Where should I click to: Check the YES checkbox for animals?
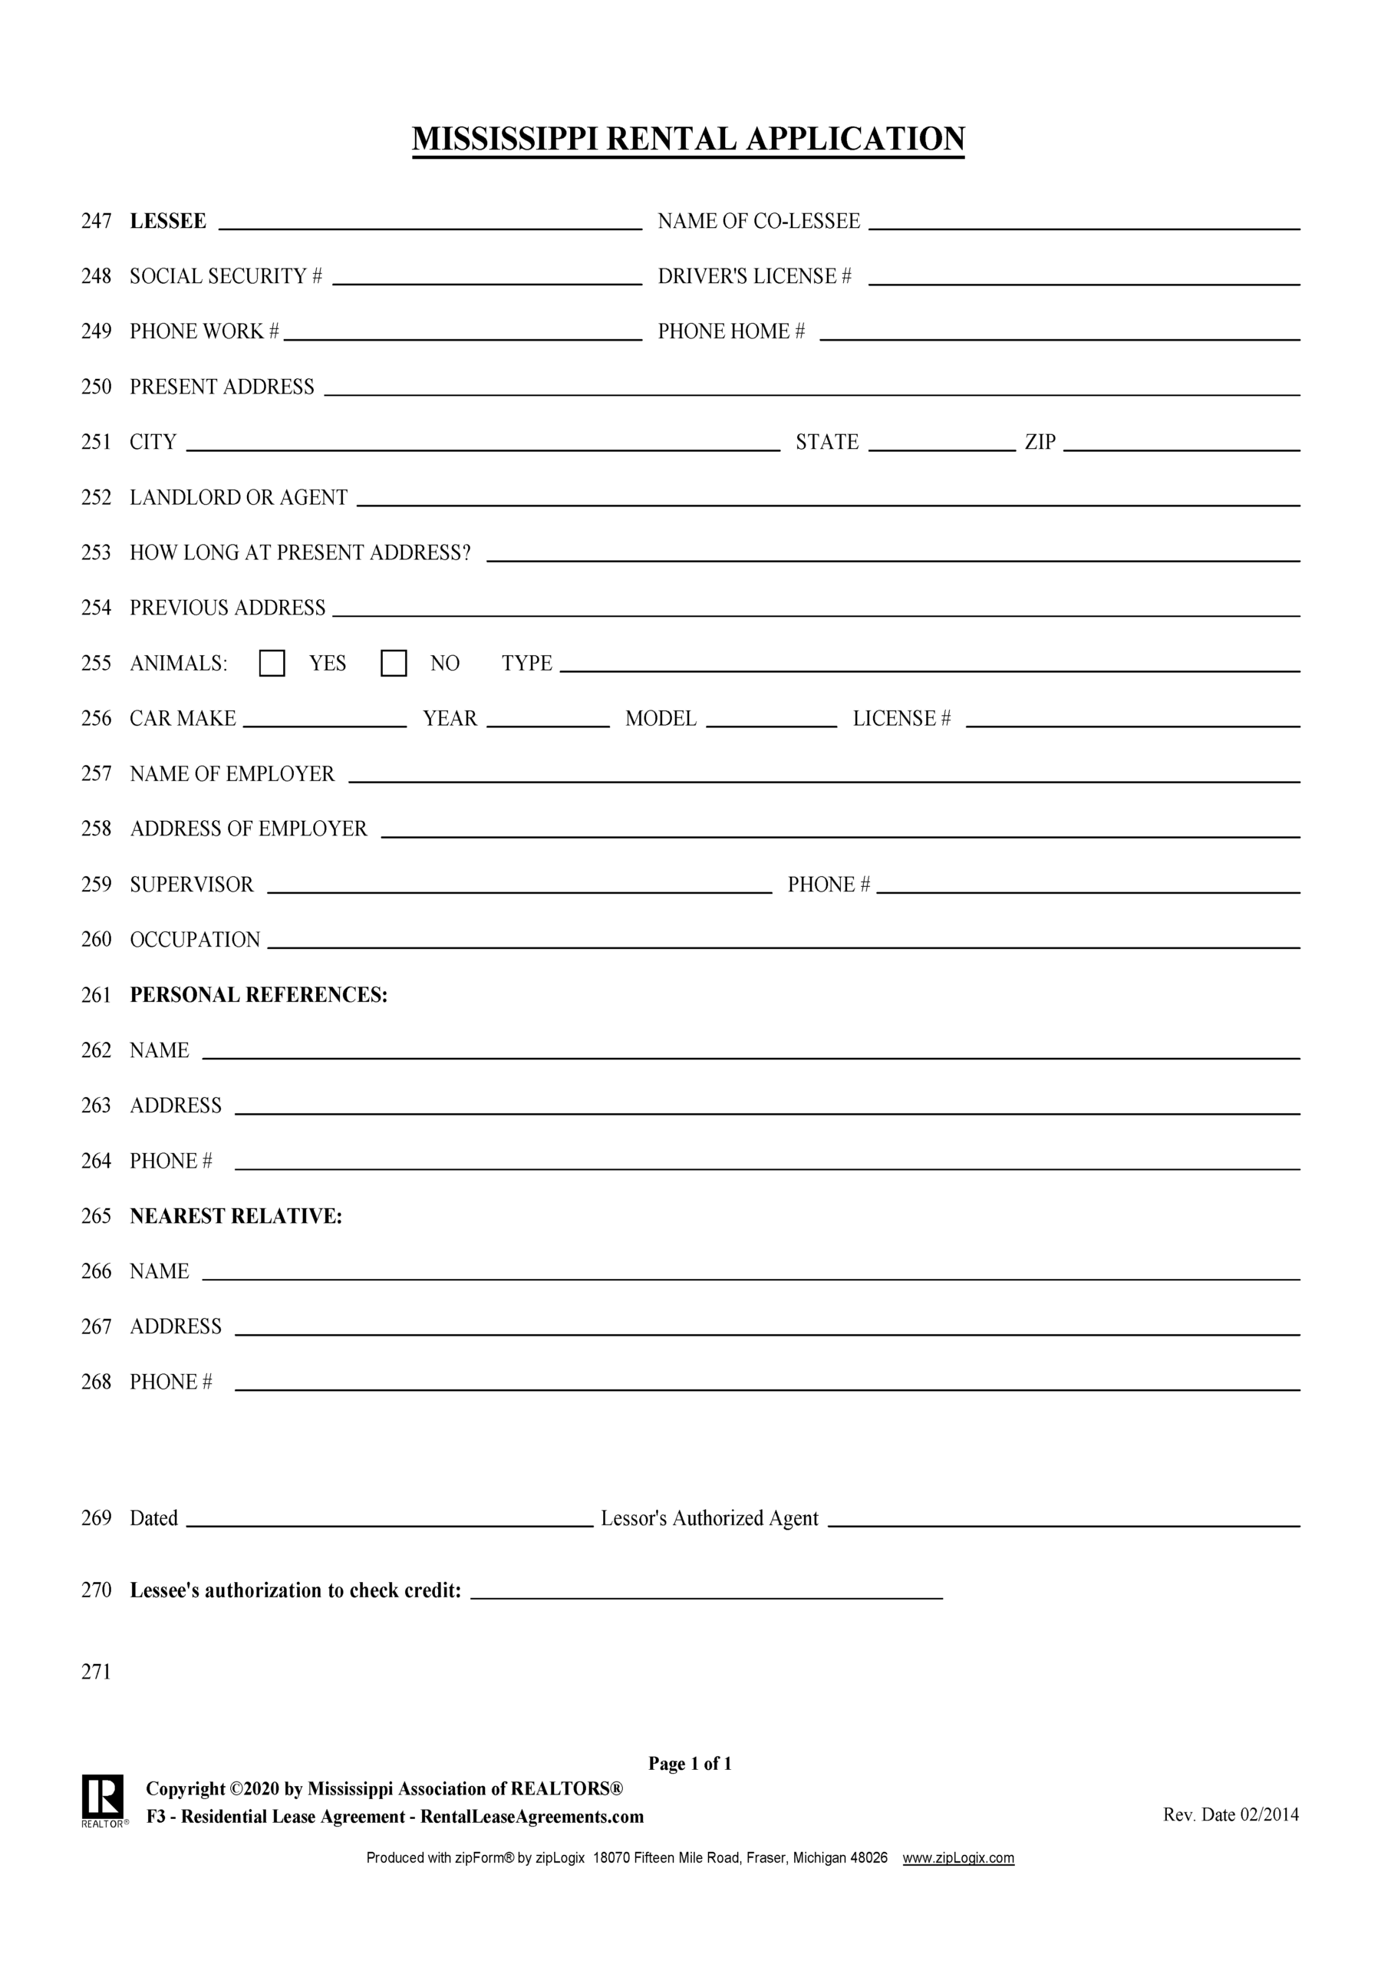(272, 663)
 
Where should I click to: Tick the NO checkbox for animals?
(394, 663)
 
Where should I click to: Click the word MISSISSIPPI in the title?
(505, 139)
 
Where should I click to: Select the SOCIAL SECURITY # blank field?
(487, 275)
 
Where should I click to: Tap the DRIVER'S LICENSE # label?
(754, 276)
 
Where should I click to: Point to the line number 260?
(96, 939)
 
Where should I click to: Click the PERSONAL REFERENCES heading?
(259, 995)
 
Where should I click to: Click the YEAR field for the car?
(548, 719)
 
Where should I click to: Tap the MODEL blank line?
(771, 719)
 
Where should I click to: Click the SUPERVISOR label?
(192, 885)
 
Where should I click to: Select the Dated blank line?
(389, 1518)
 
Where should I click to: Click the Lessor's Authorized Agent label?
(710, 1518)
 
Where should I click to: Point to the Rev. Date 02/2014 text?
(1231, 1814)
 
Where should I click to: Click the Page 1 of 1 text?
(690, 1763)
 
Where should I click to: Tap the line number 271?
(96, 1672)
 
